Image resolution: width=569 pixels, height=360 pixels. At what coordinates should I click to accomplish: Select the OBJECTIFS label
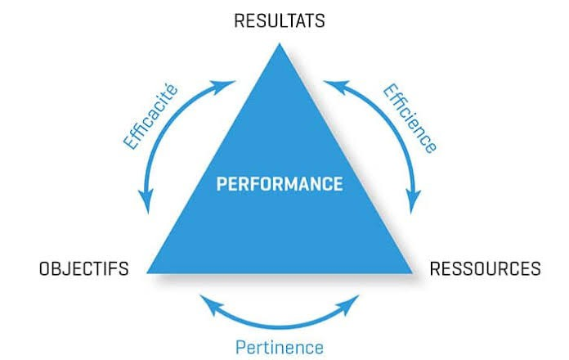point(83,268)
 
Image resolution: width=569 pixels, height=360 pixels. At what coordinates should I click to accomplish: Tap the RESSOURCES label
point(485,268)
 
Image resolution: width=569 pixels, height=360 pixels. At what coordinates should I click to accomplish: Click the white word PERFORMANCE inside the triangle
point(280,183)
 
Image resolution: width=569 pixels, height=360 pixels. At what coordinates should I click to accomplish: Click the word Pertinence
point(279,346)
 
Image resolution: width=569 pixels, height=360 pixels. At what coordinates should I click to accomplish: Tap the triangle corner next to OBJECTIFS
point(150,271)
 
